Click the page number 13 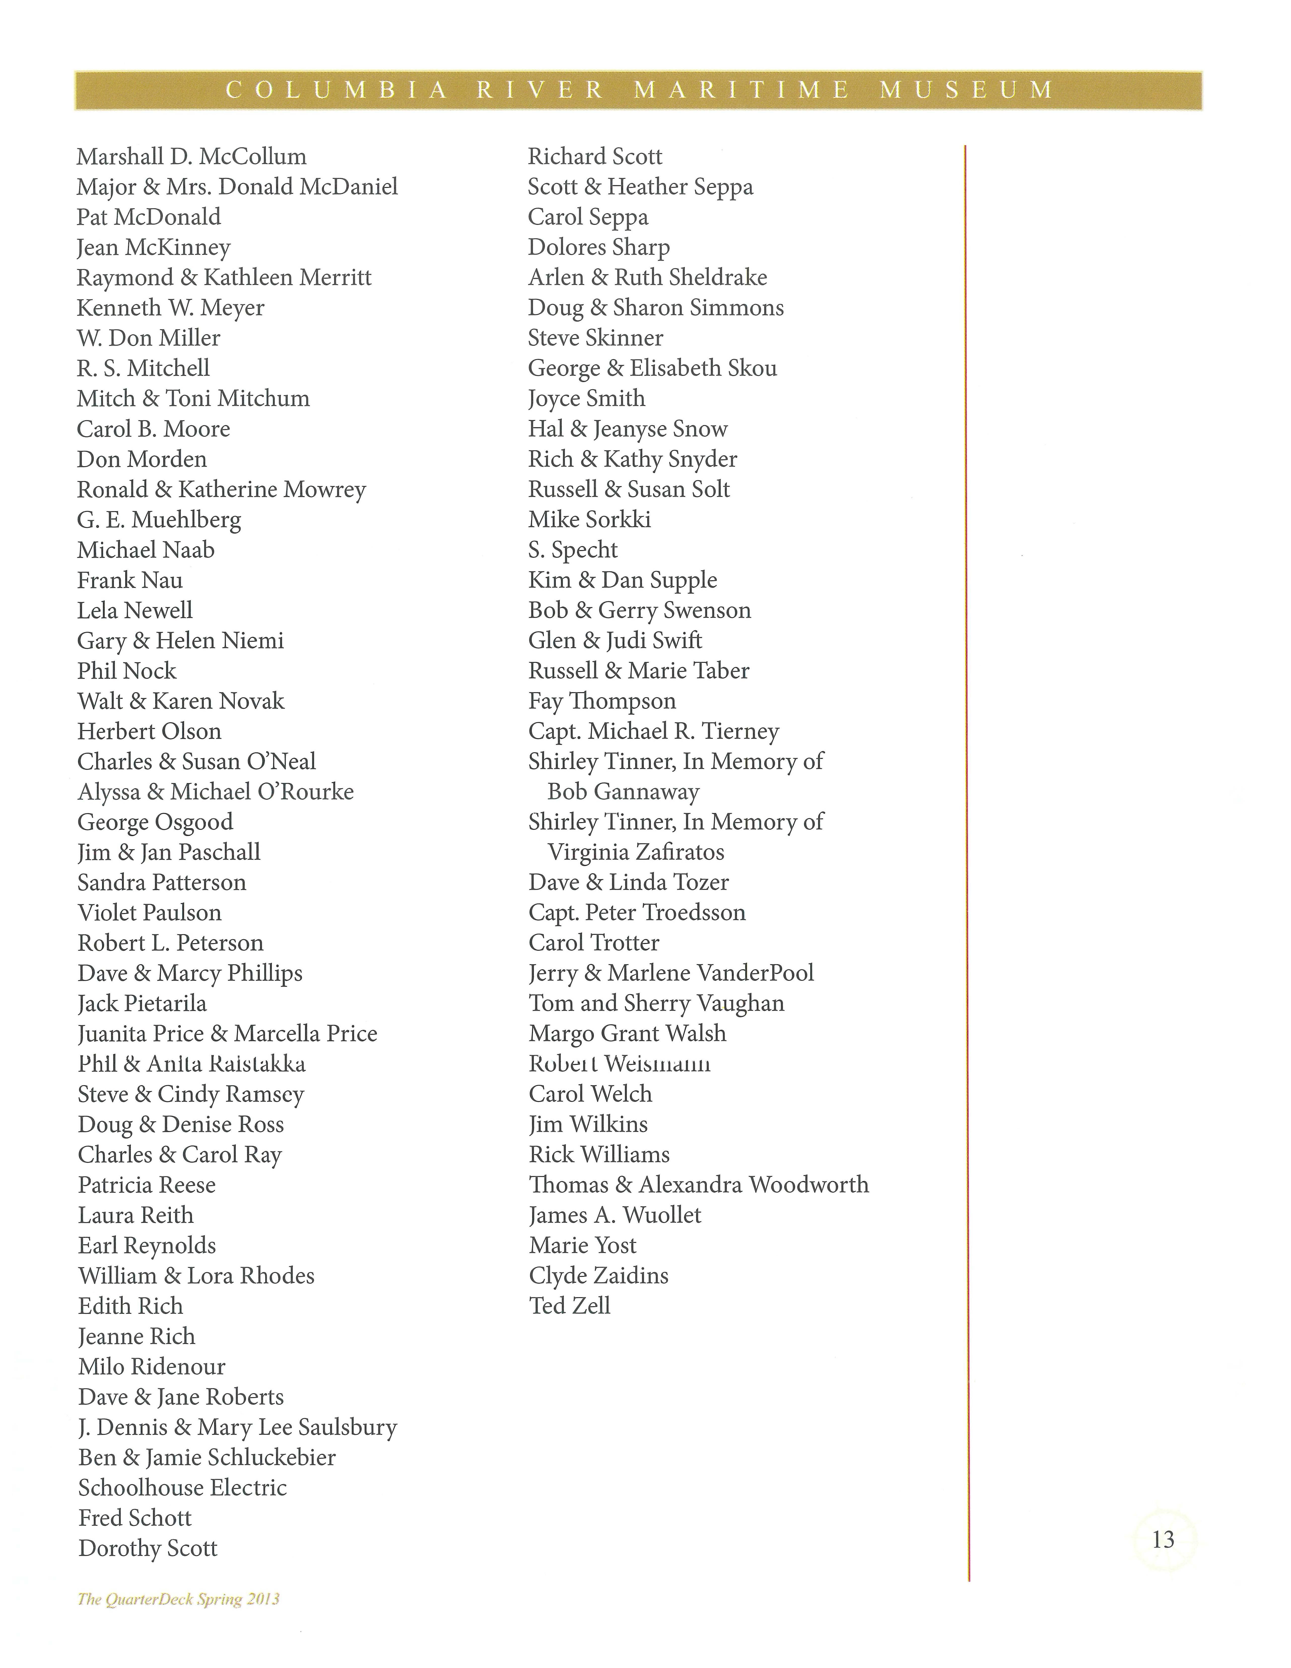point(1163,1539)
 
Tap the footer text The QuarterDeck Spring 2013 point(179,1598)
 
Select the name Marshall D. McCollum point(192,156)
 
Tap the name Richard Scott point(595,156)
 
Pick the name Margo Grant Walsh point(627,1033)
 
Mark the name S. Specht point(573,550)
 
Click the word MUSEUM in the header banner point(967,90)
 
